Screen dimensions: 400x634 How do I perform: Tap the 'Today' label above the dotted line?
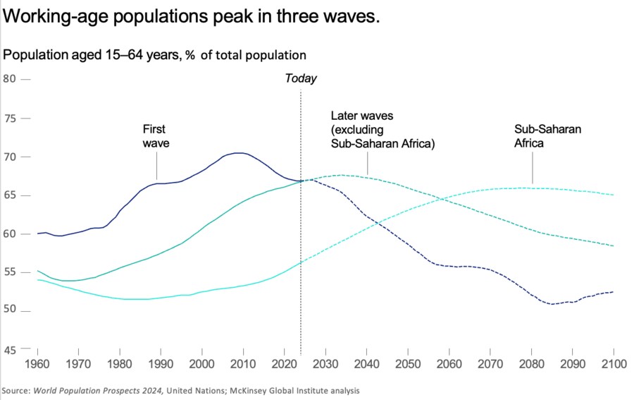[x=301, y=78]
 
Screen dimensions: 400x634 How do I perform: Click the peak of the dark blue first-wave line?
[x=240, y=153]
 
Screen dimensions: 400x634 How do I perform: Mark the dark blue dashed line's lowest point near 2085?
[x=553, y=304]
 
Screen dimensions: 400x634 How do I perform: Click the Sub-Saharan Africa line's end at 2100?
[x=614, y=195]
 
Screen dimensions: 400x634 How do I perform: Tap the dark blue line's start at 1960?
[x=37, y=234]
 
